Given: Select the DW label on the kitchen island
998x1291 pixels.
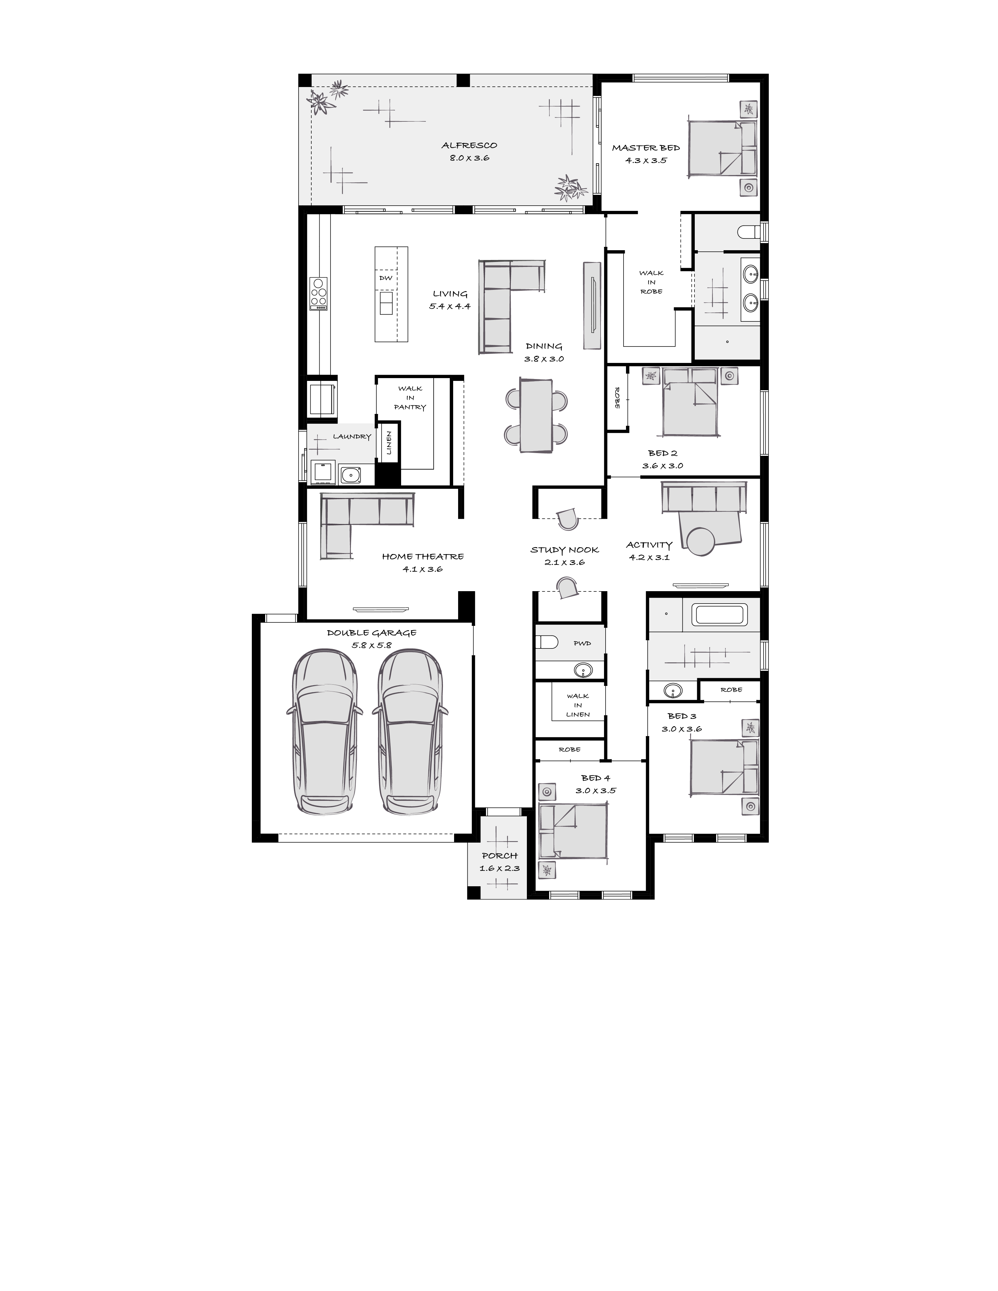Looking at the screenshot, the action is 386,278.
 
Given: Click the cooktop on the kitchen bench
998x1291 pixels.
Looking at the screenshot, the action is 319,293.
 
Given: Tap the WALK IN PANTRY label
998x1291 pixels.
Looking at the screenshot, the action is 410,398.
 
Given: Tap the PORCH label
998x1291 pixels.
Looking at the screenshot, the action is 500,855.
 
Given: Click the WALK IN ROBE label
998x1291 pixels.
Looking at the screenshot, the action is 651,282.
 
